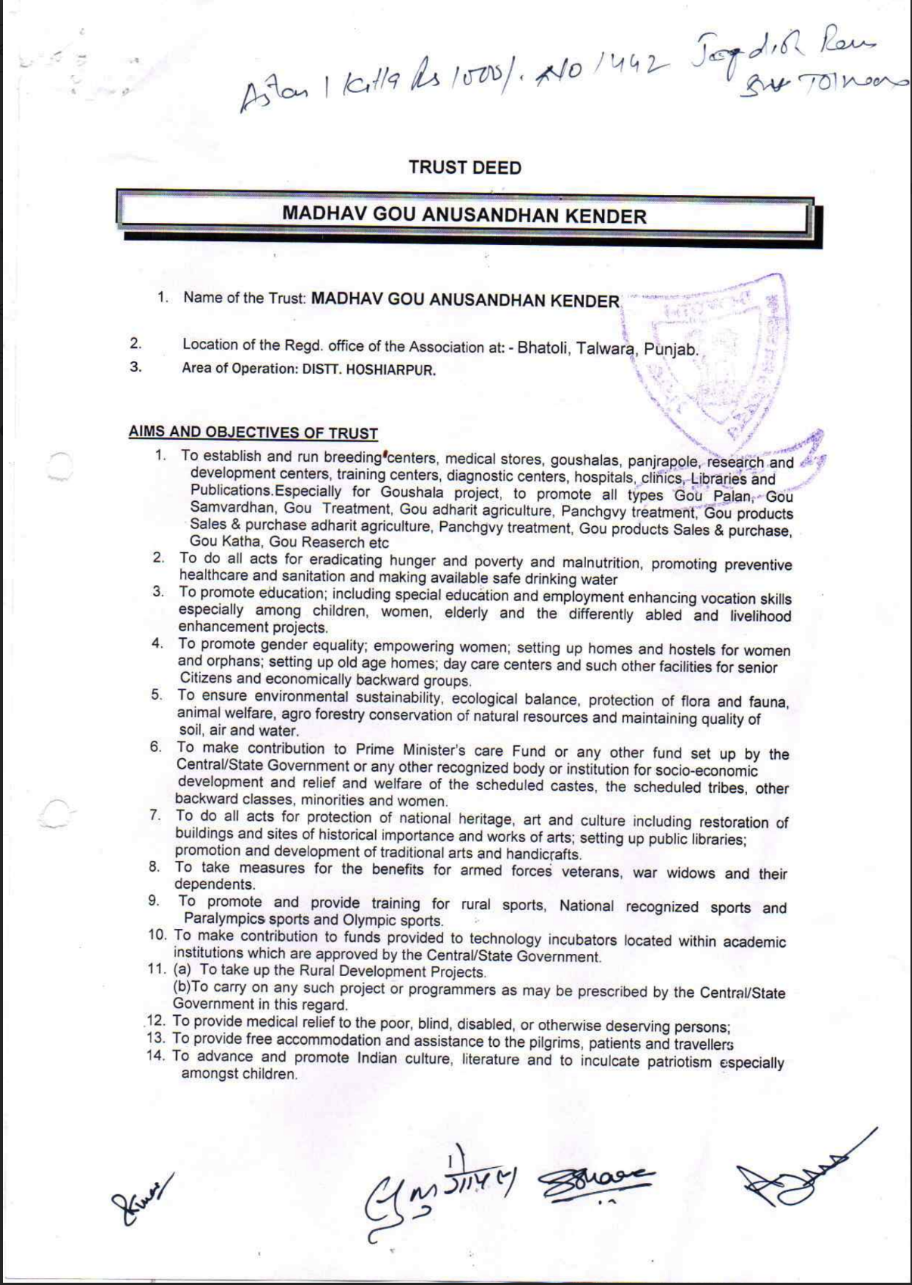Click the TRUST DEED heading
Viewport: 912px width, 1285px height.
(464, 167)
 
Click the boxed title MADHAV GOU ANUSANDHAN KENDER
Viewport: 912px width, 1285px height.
(464, 215)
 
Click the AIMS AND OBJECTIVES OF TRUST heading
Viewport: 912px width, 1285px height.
(253, 433)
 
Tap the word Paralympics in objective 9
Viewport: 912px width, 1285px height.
(225, 919)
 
